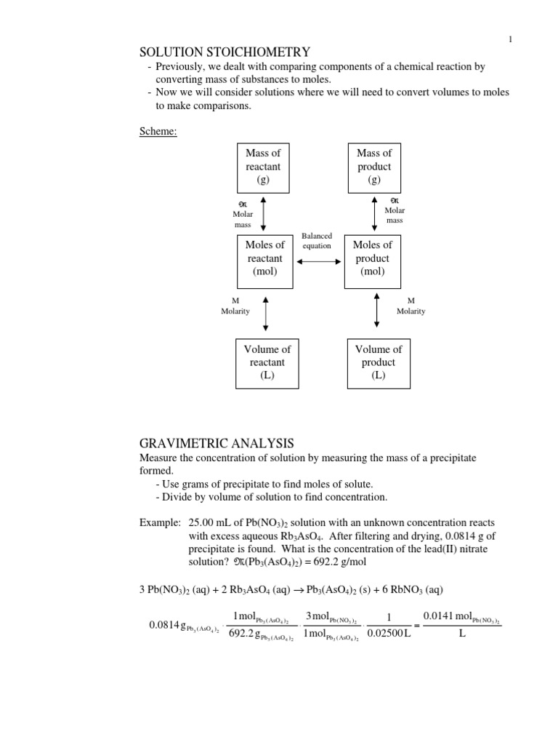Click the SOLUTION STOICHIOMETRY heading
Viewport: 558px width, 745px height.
coord(225,52)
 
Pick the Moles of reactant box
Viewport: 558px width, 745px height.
coord(264,259)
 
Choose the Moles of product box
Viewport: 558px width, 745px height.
coord(372,259)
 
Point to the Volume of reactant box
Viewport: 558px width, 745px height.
coord(267,363)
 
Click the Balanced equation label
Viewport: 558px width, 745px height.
coord(317,241)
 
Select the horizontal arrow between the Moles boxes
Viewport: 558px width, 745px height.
coord(317,259)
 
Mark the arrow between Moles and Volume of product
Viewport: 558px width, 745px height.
coord(376,311)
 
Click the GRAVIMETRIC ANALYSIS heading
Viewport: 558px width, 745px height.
coord(217,443)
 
